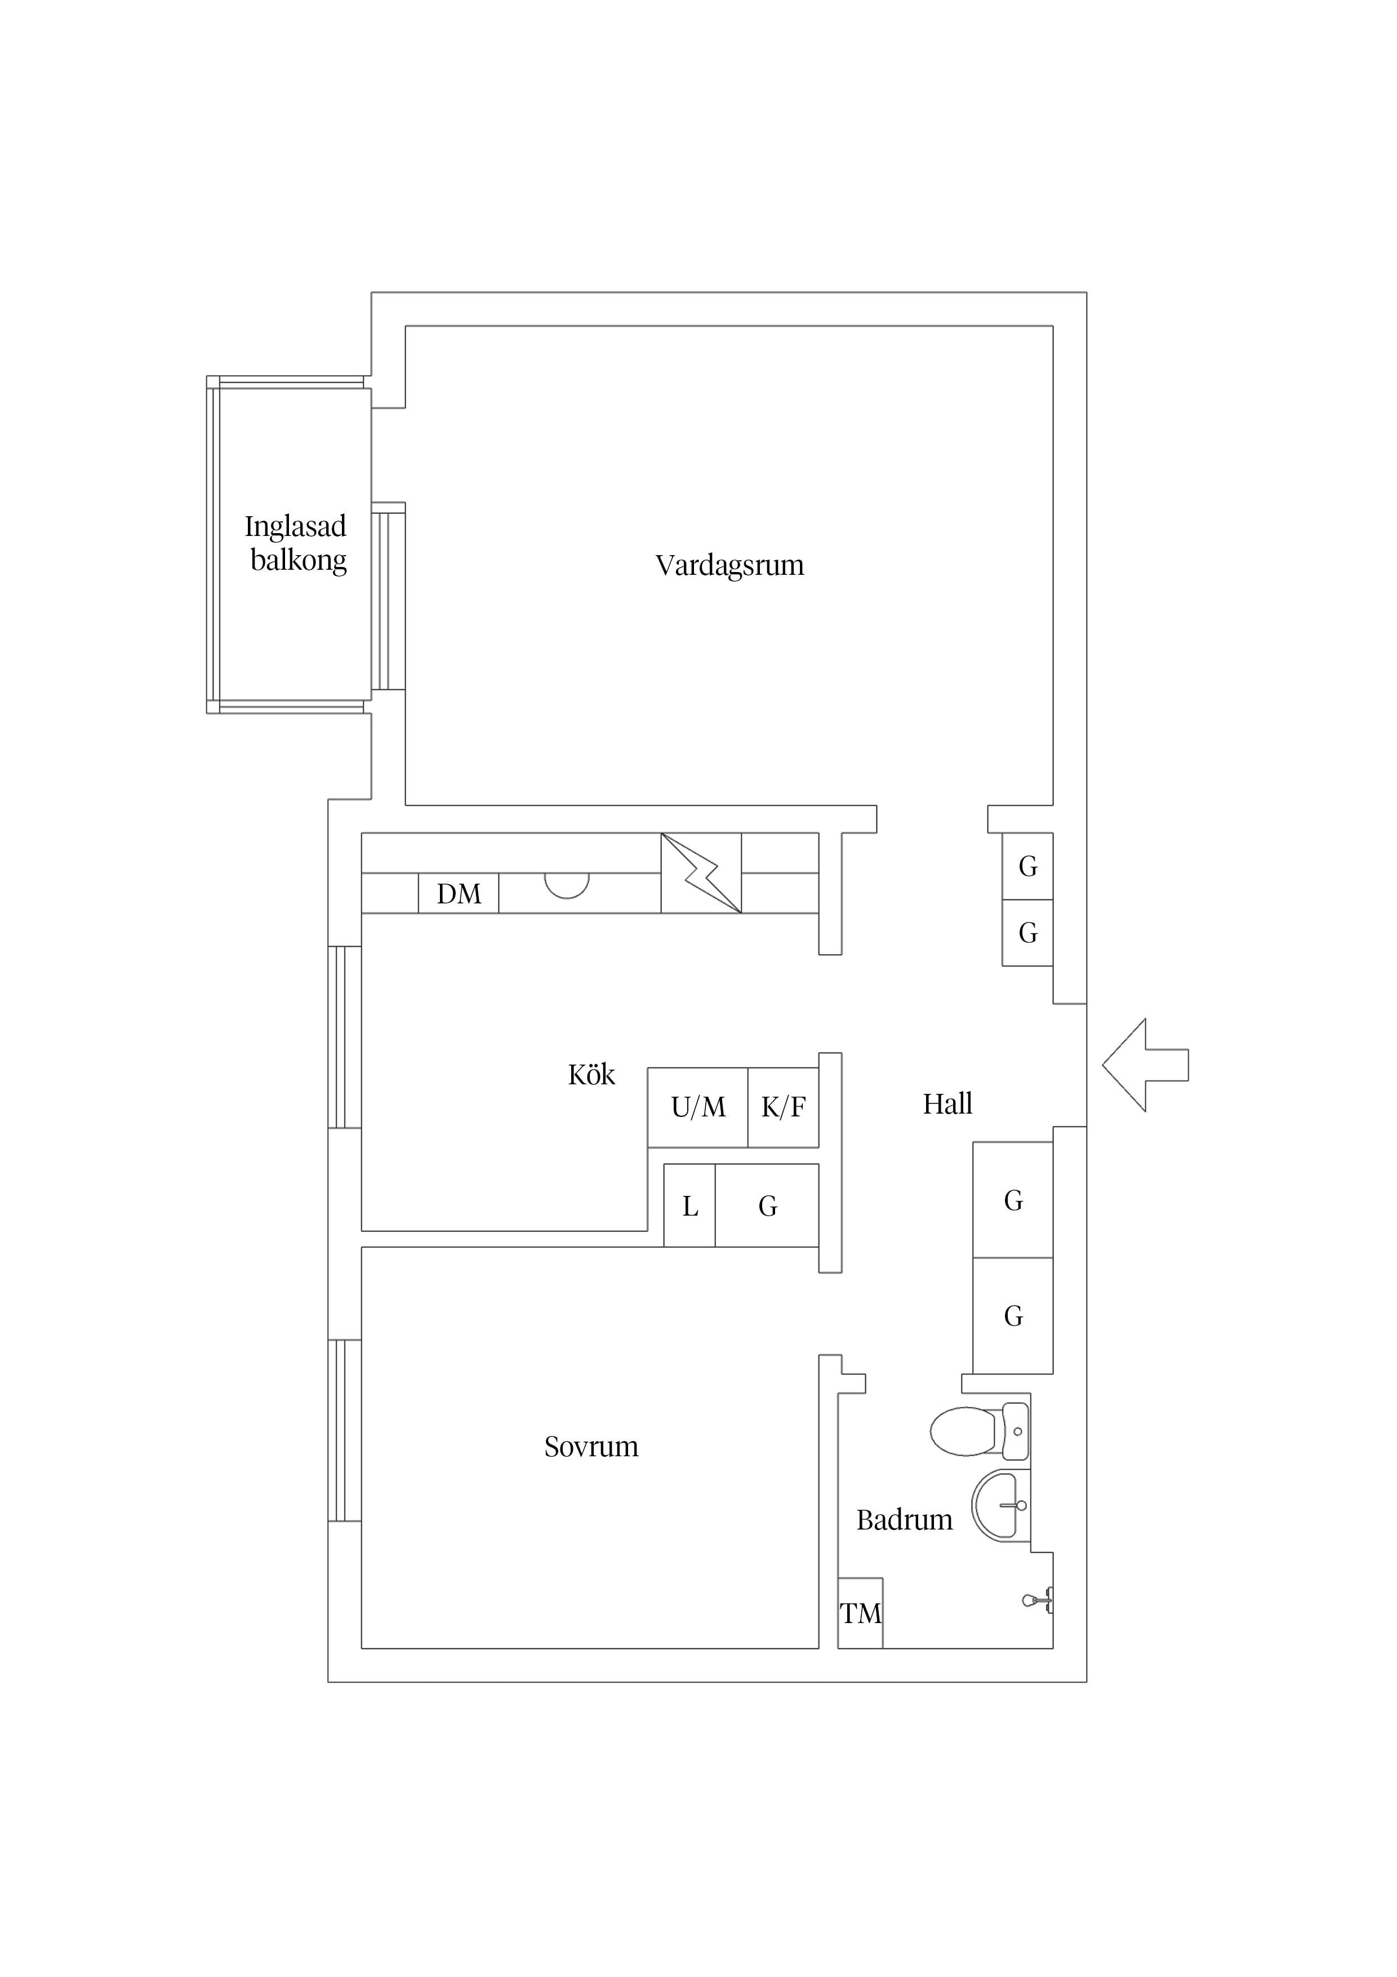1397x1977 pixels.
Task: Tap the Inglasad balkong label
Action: [296, 543]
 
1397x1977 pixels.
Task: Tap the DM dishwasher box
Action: [459, 893]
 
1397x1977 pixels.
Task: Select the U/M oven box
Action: [697, 1107]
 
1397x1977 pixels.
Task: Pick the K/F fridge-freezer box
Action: [784, 1107]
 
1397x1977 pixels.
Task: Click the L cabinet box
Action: [689, 1205]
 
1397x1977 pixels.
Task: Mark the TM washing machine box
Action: [861, 1613]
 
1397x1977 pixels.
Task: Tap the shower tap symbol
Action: [1038, 1601]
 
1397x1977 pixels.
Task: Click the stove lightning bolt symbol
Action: [701, 873]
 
